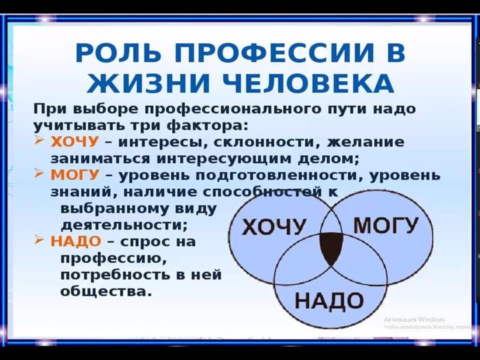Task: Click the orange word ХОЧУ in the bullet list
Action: [74, 141]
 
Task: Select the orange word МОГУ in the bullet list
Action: [74, 175]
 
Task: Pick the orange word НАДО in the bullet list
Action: [75, 241]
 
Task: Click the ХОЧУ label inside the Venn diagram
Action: [273, 226]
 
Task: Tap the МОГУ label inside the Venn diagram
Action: [385, 225]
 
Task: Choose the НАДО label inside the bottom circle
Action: [329, 300]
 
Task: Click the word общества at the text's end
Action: [106, 291]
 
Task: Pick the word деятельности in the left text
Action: [123, 225]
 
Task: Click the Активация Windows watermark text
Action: [414, 319]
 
